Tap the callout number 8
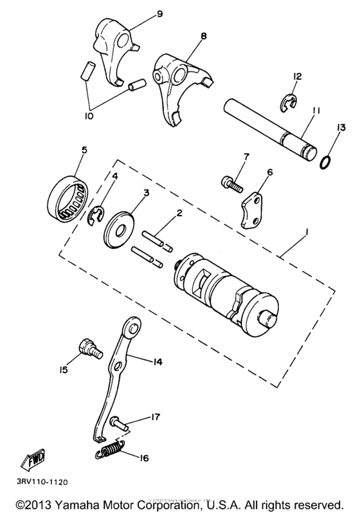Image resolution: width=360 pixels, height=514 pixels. [x=203, y=35]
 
